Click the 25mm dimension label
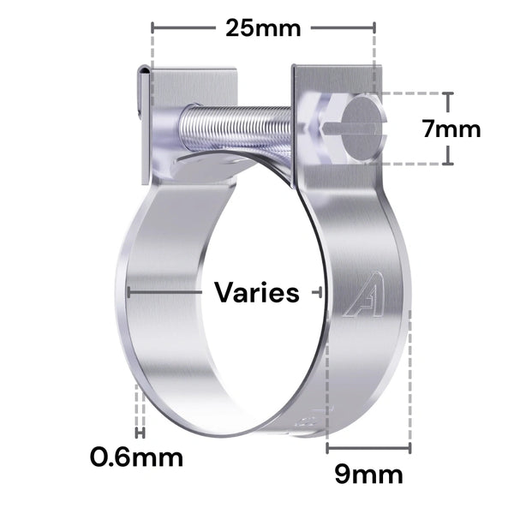tap(263, 27)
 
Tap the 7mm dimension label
tap(451, 129)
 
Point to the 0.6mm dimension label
tap(137, 457)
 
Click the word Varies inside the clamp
tap(257, 293)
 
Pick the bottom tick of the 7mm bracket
tap(448, 162)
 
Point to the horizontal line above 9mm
tap(369, 446)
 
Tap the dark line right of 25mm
tap(343, 27)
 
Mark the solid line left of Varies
tap(166, 291)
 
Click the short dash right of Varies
tap(316, 292)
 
